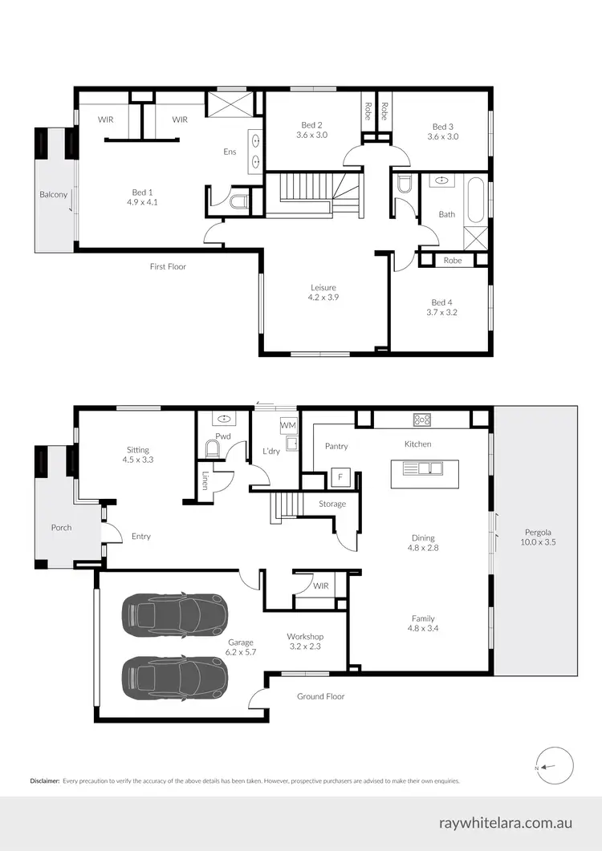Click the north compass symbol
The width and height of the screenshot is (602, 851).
coord(553,767)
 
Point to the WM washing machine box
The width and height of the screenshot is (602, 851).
coord(287,423)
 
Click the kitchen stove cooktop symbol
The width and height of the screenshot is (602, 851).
coord(422,419)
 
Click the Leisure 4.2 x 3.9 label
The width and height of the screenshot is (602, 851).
coord(323,292)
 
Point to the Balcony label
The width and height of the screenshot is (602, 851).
coord(53,194)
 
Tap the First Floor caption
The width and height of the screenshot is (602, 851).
coord(168,266)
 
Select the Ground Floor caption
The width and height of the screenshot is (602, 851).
coord(320,696)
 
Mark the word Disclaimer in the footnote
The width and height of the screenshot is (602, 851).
coord(45,780)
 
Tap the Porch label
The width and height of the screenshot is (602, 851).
coord(61,527)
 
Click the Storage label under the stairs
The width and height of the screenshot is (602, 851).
coord(332,504)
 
